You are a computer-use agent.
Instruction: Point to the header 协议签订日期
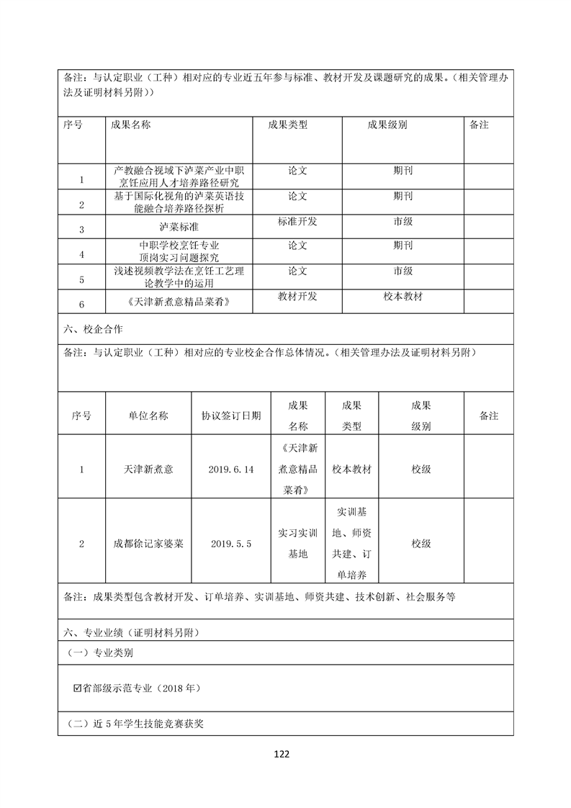(x=231, y=416)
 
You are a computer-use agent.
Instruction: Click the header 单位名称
(x=148, y=416)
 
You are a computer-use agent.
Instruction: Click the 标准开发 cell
(x=297, y=222)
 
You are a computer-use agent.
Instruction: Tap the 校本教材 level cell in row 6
(x=403, y=296)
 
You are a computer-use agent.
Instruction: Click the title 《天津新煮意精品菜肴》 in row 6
(x=179, y=302)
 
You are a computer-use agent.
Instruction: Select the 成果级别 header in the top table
(x=387, y=125)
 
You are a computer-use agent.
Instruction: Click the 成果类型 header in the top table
(x=288, y=125)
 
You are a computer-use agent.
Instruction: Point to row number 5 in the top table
(x=81, y=279)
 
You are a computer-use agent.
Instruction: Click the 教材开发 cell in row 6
(x=297, y=296)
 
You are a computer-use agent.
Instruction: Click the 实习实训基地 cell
(x=297, y=544)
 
